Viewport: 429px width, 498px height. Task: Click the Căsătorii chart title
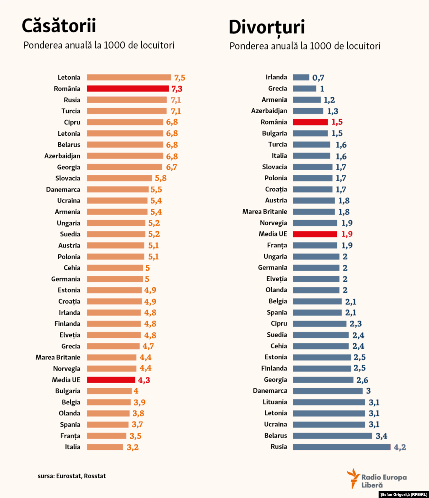pos(59,26)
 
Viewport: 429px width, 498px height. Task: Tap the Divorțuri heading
pos(266,27)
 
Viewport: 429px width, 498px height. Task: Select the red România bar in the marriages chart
pos(128,88)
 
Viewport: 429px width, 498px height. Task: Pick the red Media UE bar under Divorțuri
pos(315,234)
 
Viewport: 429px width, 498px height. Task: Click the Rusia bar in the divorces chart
pos(341,447)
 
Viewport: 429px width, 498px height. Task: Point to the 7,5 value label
pos(179,78)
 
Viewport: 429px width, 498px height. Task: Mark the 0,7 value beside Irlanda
pos(318,78)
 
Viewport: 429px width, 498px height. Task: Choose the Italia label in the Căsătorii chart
pos(72,447)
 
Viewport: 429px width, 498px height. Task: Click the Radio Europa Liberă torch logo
pos(353,478)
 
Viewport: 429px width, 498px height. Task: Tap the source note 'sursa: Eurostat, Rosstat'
pos(72,476)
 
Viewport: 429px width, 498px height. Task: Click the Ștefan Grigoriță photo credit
pos(403,495)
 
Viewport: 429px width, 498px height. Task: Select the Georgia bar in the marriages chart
pos(124,167)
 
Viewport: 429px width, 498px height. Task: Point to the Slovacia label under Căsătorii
pos(67,178)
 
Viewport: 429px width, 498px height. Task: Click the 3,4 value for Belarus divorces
pos(381,436)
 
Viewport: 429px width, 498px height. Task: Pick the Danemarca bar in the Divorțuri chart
pos(328,391)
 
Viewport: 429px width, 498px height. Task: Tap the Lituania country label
pos(275,402)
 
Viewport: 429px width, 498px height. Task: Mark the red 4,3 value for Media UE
pos(144,380)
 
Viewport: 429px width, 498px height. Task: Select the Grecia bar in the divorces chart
pos(304,88)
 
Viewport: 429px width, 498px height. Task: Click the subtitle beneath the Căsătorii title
pos(99,45)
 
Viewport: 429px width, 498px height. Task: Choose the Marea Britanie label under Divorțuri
pos(264,212)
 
